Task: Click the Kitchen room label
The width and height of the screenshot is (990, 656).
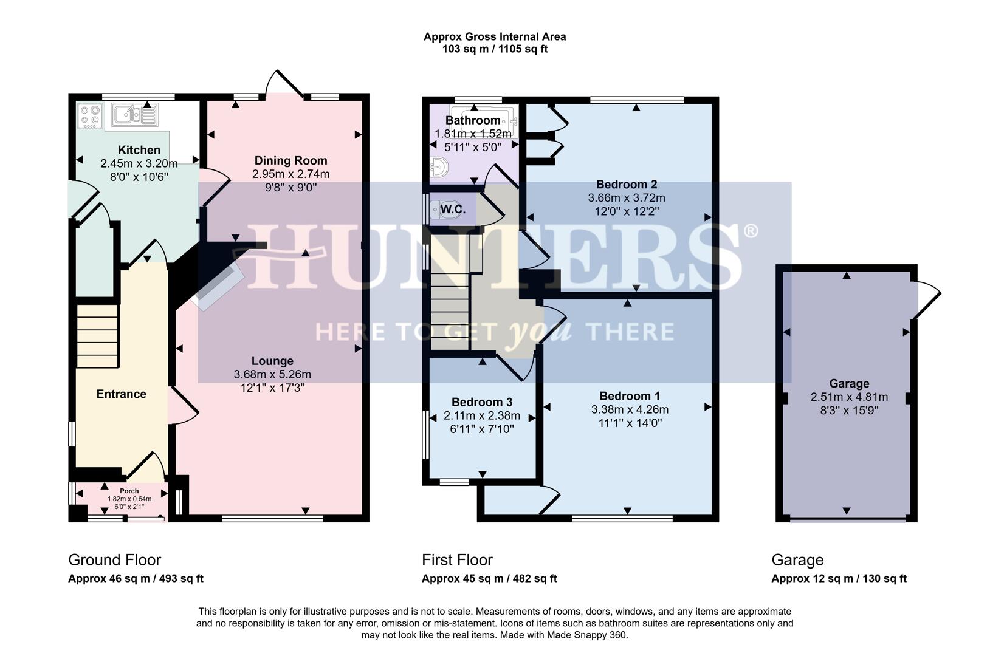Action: tap(139, 150)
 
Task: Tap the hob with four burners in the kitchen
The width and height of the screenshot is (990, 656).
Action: tap(90, 116)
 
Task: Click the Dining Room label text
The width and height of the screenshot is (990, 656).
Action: tap(290, 160)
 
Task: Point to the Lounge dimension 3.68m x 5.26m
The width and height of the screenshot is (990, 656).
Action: tap(272, 374)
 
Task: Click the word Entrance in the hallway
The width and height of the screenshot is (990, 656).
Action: tap(121, 394)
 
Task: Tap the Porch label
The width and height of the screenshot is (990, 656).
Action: tap(129, 491)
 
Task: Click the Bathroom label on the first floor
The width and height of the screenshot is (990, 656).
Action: tap(472, 120)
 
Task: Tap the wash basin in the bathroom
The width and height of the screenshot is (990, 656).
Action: tap(439, 166)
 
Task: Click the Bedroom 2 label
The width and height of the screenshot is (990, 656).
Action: tap(626, 184)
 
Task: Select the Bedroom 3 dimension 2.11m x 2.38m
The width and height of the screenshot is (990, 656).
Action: tap(481, 415)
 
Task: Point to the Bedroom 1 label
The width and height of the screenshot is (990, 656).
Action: tap(629, 396)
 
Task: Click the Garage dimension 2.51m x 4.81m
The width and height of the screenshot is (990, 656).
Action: tap(848, 397)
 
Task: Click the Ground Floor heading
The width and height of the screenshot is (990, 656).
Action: tap(114, 559)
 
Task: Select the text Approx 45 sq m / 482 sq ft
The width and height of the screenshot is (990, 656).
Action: tap(489, 578)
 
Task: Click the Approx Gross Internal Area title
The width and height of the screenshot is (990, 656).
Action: tap(494, 36)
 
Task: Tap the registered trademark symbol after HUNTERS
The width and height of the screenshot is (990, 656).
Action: tap(751, 231)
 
